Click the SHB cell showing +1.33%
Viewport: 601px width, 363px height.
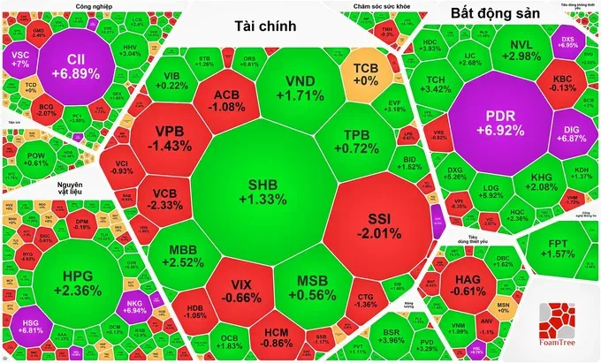pos(267,191)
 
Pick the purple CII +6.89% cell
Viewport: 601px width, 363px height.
pos(80,65)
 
